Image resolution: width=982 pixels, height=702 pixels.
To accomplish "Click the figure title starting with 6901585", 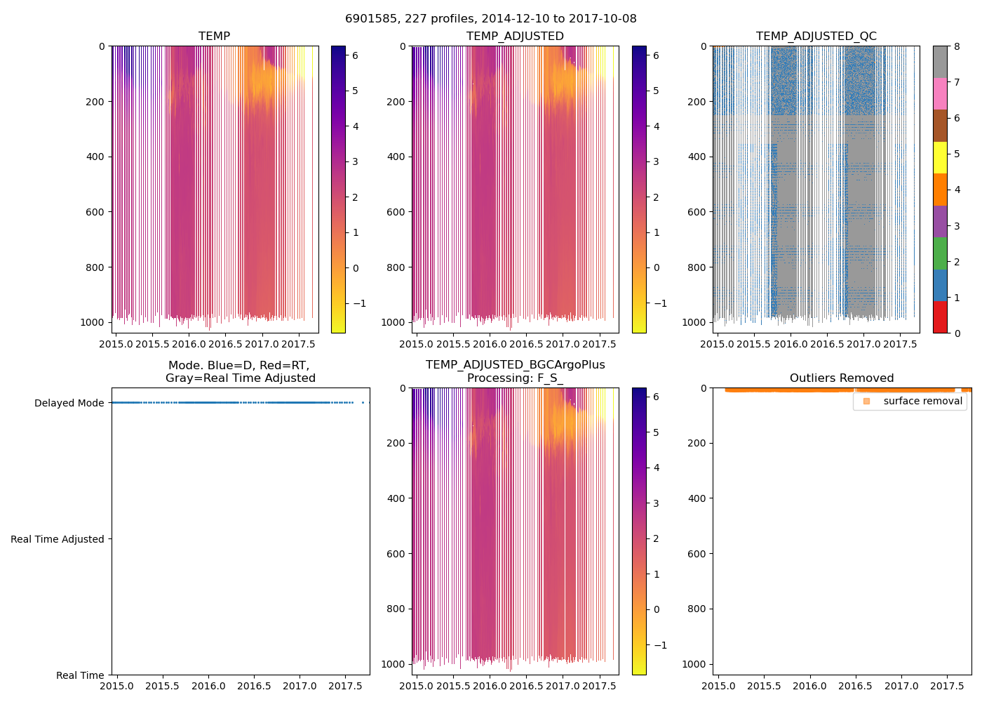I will pos(491,19).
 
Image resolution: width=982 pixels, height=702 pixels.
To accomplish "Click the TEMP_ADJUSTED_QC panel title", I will pos(816,37).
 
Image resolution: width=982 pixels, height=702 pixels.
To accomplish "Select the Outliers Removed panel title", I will pos(841,378).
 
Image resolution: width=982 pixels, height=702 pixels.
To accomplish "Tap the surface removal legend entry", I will pos(922,401).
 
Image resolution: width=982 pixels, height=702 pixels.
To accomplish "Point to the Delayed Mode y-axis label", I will pos(69,403).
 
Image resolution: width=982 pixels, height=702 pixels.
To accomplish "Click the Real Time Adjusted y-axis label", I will pos(57,539).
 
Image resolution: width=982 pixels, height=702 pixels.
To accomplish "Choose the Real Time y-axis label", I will pos(80,675).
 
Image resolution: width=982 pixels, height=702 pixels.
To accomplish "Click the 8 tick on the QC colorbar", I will pos(957,46).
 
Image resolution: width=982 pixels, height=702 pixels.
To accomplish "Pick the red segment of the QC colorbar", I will pos(940,317).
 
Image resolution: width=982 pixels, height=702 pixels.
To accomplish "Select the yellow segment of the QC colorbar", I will pos(940,157).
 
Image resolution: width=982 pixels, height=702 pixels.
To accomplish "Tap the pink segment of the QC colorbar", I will pos(940,93).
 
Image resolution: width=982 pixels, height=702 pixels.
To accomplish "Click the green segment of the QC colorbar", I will pos(940,253).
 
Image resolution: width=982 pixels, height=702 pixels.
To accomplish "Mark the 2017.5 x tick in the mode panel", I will pos(344,686).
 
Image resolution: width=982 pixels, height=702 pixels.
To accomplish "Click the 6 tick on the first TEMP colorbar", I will pos(355,55).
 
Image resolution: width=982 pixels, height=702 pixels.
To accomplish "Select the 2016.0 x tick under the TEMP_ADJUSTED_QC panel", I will pos(791,344).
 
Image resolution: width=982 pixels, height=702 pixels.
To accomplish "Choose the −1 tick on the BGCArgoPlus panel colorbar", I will pos(660,645).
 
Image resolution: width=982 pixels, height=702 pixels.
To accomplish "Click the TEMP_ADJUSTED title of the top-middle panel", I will pos(515,37).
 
